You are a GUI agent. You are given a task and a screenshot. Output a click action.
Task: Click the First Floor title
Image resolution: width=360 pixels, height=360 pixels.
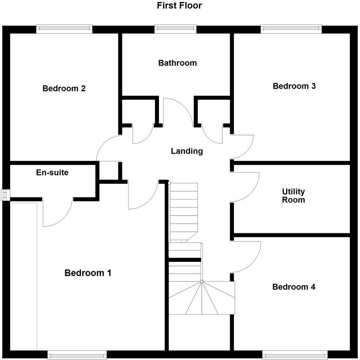179,6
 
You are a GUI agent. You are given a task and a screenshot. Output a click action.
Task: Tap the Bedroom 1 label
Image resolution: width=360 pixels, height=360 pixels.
88,273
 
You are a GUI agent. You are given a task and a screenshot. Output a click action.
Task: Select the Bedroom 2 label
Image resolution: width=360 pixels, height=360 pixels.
64,88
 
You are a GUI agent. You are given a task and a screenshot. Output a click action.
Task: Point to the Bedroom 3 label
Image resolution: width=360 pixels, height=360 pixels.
294,86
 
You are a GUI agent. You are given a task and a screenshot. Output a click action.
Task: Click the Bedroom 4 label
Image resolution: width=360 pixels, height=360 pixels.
294,287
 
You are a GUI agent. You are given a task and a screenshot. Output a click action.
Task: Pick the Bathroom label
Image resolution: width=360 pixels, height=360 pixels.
177,63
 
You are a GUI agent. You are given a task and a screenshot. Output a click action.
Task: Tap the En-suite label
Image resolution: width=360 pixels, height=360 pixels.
52,173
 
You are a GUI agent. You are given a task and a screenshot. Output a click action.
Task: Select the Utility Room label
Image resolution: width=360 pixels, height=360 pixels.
293,195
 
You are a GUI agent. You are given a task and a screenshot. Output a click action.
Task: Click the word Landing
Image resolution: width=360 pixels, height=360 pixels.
187,151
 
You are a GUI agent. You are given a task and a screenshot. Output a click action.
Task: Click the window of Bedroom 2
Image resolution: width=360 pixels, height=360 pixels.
64,27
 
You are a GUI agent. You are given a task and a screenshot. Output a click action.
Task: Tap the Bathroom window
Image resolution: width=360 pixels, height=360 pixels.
175,27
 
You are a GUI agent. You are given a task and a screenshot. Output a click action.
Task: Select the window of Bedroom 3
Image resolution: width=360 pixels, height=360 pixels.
291,27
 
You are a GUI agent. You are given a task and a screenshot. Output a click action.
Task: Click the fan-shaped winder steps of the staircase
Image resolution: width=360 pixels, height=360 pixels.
202,298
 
